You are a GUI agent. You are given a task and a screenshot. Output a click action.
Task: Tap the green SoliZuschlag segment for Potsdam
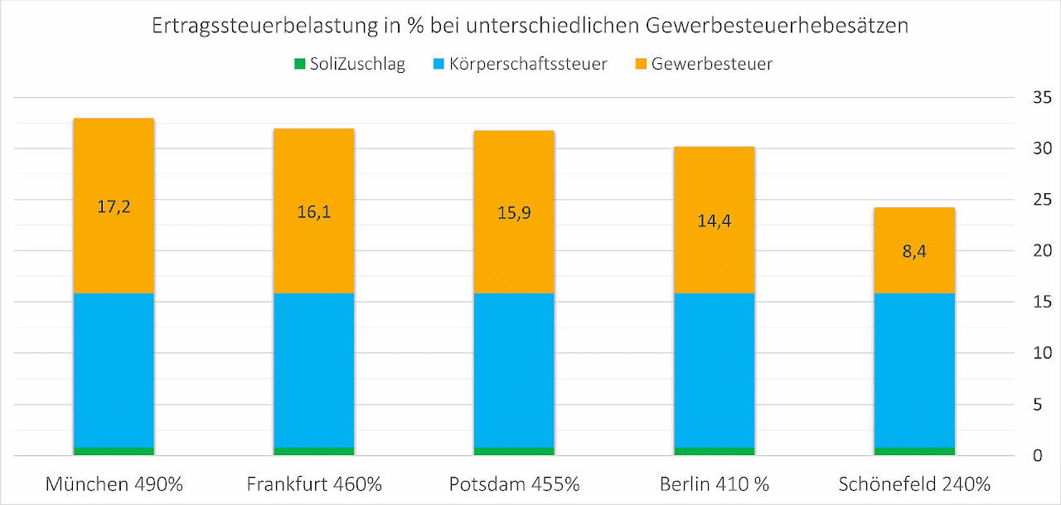tap(514, 451)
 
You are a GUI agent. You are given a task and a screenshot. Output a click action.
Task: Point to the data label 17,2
tap(114, 206)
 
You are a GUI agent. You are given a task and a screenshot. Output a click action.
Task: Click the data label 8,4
tap(914, 250)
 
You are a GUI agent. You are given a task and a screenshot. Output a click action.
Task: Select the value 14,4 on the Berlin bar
tap(714, 221)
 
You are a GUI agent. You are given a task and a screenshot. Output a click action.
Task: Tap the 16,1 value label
tap(314, 211)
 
